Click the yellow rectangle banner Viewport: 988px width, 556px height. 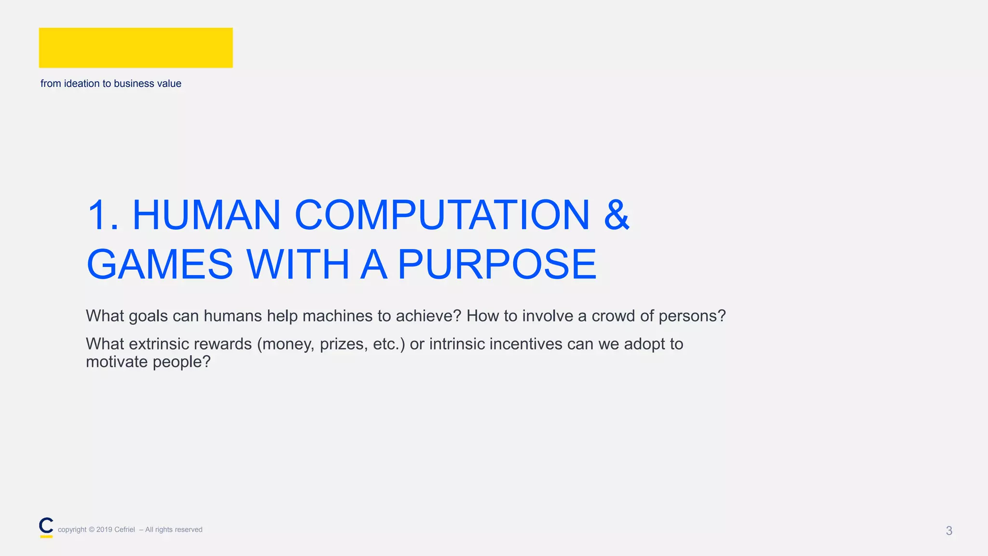tap(136, 48)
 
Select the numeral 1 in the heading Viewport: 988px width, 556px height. tap(98, 215)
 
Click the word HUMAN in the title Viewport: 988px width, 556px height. tap(206, 215)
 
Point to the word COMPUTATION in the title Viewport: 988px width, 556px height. tap(442, 215)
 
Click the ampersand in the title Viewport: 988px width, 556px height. tap(616, 215)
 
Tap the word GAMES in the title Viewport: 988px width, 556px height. tap(160, 264)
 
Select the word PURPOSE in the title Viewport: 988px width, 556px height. tap(497, 264)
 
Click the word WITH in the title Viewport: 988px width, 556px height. tap(298, 264)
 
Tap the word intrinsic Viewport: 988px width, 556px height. tap(457, 344)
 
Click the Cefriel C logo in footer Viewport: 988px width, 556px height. tap(46, 527)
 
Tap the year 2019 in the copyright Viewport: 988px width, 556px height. tap(104, 530)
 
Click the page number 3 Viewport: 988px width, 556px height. tap(949, 531)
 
